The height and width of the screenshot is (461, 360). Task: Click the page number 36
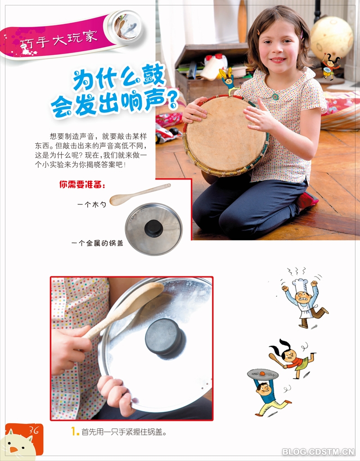point(34,430)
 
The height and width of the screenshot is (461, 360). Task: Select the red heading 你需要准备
point(82,185)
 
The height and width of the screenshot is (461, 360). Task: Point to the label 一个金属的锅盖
point(97,243)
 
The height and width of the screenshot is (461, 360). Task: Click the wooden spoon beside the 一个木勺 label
point(140,194)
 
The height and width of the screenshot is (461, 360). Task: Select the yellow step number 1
point(75,432)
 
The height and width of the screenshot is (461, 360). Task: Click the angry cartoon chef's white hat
point(300,285)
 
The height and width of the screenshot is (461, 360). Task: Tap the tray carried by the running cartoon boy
point(262,374)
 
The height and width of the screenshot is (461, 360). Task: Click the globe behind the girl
point(332,38)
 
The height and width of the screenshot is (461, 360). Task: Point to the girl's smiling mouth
point(278,60)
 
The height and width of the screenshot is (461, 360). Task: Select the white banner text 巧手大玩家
point(58,40)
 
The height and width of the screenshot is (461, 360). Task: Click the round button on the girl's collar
point(275,96)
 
